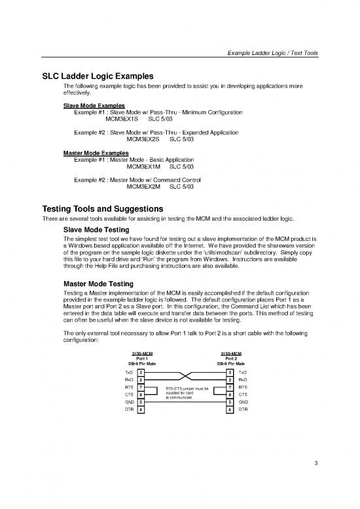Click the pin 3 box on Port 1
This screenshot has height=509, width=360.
[141, 372]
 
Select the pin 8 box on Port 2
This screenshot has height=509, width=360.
[230, 395]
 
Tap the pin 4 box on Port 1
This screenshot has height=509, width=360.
[141, 409]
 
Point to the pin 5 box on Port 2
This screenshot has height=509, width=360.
[230, 402]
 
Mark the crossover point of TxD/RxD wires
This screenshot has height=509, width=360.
[187, 376]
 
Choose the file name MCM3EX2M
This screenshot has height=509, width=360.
[142, 187]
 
